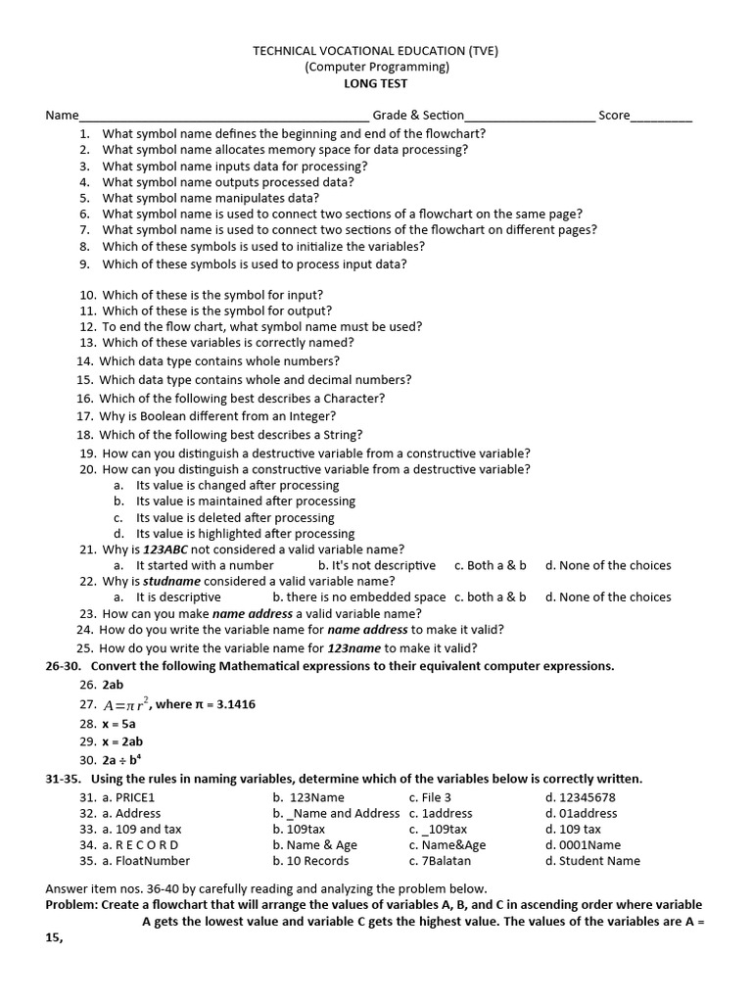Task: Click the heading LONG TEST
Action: tap(375, 83)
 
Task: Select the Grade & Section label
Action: tap(418, 116)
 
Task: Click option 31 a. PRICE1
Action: tap(128, 797)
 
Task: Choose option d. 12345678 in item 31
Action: tap(581, 797)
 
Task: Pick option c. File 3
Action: tap(430, 797)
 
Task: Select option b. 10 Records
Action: tap(310, 861)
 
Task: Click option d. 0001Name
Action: tap(583, 844)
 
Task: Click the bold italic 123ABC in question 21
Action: tap(166, 549)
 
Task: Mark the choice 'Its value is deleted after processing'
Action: tap(235, 517)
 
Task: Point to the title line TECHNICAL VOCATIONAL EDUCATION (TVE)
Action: tap(375, 51)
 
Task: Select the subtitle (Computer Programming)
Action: tap(376, 67)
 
